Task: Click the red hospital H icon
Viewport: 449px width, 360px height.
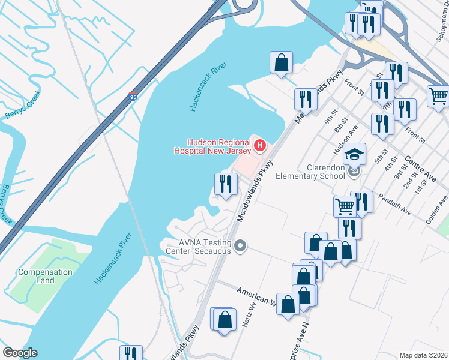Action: click(x=260, y=145)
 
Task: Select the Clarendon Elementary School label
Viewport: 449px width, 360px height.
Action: click(x=310, y=172)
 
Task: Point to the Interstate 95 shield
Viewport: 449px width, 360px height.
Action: click(x=133, y=97)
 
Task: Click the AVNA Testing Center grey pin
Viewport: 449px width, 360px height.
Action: click(x=240, y=246)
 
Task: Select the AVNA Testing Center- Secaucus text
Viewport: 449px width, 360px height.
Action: click(x=199, y=247)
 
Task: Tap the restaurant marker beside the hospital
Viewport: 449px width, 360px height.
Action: click(x=226, y=184)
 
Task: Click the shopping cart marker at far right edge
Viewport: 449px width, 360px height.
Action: click(x=439, y=96)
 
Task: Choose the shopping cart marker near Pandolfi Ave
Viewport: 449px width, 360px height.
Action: click(x=345, y=206)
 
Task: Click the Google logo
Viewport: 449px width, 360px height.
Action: click(x=19, y=352)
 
